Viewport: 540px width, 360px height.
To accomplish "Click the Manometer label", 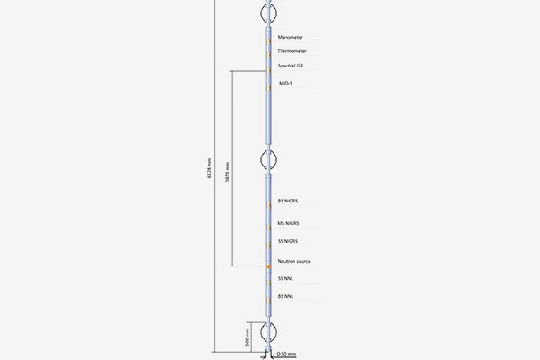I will (x=291, y=38).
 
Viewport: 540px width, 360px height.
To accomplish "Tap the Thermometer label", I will (x=292, y=51).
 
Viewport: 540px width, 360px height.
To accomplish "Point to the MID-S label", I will (x=286, y=84).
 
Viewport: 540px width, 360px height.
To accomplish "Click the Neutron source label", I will (x=294, y=261).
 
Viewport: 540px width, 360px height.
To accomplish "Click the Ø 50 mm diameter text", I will (x=285, y=354).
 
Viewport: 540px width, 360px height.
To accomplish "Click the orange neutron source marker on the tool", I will (x=268, y=265).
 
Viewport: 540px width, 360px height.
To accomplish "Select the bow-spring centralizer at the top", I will (x=268, y=12).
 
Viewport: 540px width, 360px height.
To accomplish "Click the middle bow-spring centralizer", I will (x=268, y=160).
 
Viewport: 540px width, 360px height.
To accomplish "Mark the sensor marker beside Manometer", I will (x=268, y=39).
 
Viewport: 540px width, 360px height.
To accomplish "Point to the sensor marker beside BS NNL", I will (x=268, y=297).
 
